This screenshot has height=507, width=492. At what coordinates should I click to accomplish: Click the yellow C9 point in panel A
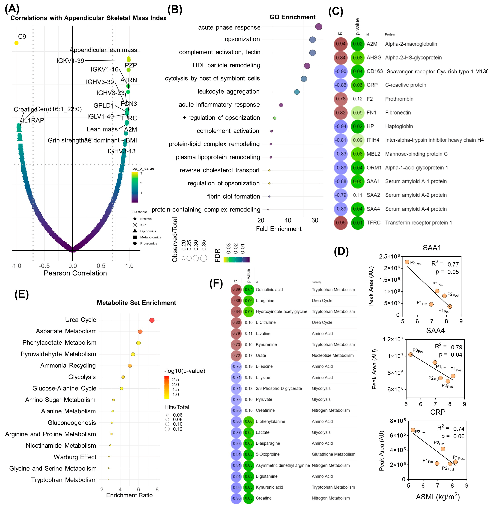pyautogui.click(x=16, y=43)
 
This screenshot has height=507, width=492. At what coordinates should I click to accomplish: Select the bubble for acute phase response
pyautogui.click(x=319, y=27)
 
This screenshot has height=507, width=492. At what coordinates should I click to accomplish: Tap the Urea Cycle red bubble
pyautogui.click(x=152, y=320)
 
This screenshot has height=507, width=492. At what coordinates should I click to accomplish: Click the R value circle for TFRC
pyautogui.click(x=340, y=223)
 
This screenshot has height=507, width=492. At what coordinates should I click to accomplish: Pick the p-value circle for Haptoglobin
pyautogui.click(x=358, y=126)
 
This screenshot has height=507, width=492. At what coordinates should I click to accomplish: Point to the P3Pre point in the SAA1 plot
pyautogui.click(x=407, y=262)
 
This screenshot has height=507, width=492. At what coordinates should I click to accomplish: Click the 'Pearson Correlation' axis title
pyautogui.click(x=75, y=273)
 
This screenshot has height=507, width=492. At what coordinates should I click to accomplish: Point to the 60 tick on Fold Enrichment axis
pyautogui.click(x=315, y=220)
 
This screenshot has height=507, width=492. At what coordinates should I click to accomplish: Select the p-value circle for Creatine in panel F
pyautogui.click(x=249, y=498)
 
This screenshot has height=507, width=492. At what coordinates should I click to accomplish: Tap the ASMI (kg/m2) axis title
pyautogui.click(x=438, y=497)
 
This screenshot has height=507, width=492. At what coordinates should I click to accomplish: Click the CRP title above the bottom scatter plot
pyautogui.click(x=438, y=412)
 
